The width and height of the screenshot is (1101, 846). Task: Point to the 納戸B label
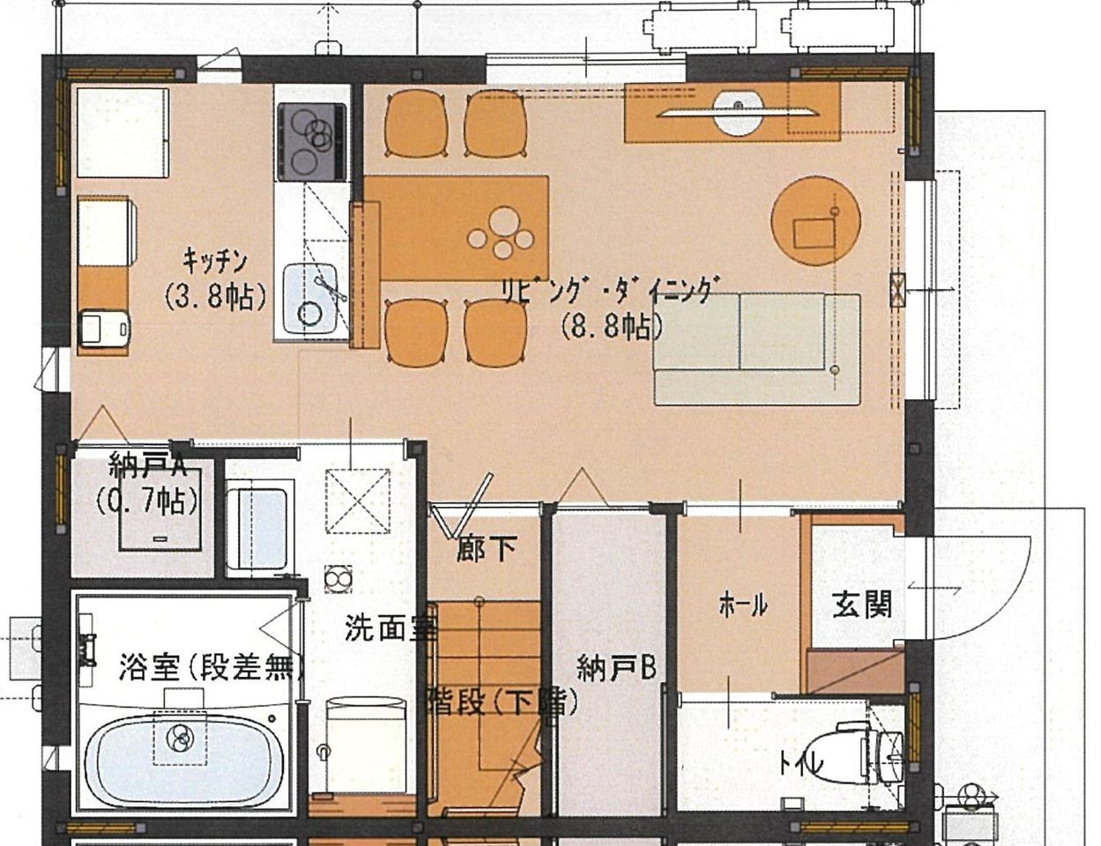[617, 668]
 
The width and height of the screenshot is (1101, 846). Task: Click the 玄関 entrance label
[862, 605]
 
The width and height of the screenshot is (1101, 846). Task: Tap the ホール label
[743, 605]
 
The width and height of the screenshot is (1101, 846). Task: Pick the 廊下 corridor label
[487, 549]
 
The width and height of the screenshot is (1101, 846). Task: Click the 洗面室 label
[391, 627]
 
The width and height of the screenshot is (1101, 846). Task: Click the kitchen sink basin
[311, 302]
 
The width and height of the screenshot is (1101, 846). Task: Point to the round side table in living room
[815, 220]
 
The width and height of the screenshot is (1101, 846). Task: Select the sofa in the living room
[757, 349]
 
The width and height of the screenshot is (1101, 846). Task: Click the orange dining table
[456, 228]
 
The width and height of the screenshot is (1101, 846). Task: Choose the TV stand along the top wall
[733, 112]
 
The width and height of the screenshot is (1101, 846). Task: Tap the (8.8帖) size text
[612, 327]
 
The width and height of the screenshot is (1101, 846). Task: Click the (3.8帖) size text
[215, 296]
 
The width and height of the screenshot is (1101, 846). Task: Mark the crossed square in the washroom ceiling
[358, 501]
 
